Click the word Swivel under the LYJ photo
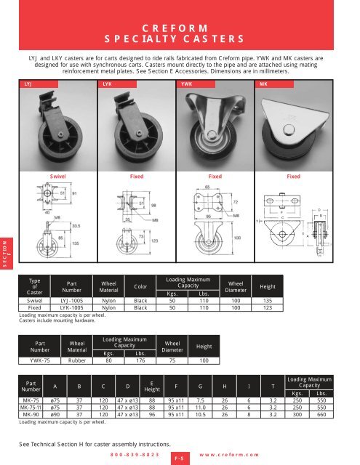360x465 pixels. click(60, 176)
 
